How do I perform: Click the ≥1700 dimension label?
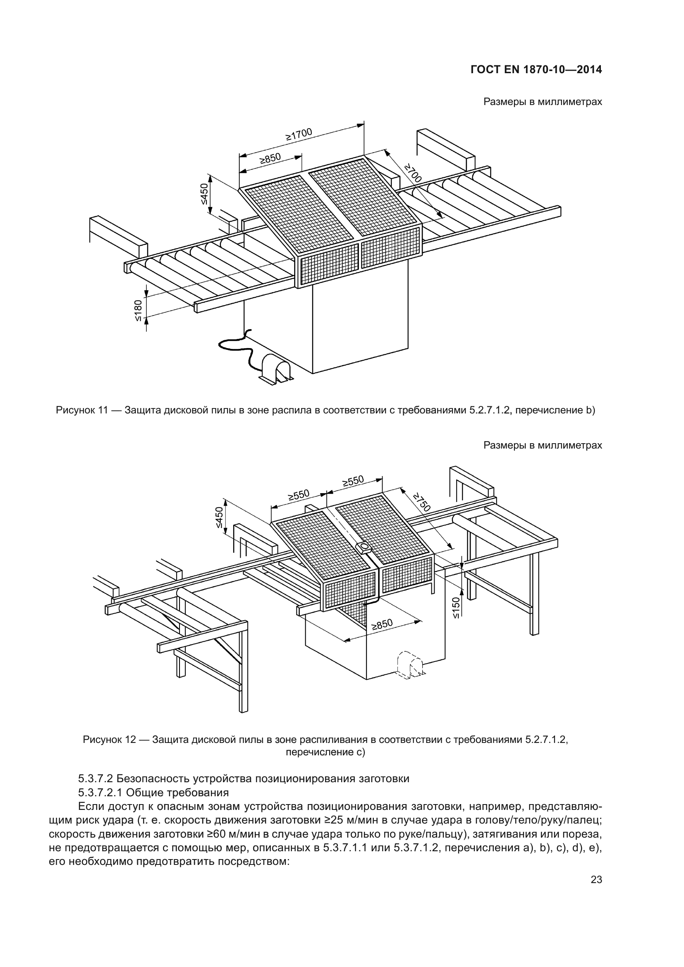click(x=299, y=134)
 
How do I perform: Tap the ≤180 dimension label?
click(x=139, y=311)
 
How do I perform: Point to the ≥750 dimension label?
click(x=422, y=501)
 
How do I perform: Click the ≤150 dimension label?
click(x=457, y=608)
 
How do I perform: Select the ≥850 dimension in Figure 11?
click(x=270, y=159)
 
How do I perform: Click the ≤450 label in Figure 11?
click(x=204, y=194)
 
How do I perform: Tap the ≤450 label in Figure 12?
click(x=219, y=517)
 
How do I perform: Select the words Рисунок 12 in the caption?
click(x=109, y=740)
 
